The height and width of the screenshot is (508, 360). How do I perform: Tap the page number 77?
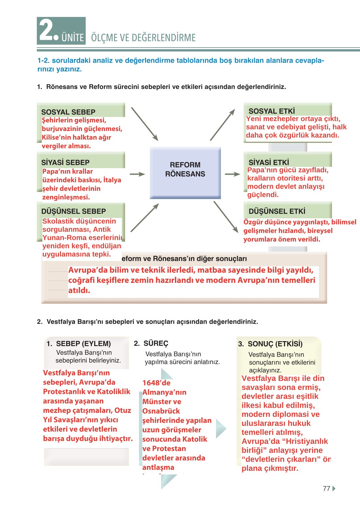coord(326,488)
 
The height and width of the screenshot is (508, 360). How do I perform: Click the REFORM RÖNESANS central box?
coord(185,172)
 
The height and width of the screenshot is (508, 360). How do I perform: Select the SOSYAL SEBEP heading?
coord(68,112)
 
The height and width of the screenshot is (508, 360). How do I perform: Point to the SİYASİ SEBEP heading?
coord(65,162)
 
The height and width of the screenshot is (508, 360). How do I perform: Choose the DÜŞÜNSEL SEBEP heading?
coord(73,211)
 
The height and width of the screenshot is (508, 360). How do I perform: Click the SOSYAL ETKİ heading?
coord(271,111)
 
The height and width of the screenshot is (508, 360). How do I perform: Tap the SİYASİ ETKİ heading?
coord(268,162)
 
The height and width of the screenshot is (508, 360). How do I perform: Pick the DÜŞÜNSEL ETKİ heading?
coord(277,211)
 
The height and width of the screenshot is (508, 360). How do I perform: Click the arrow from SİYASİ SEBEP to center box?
coord(137,174)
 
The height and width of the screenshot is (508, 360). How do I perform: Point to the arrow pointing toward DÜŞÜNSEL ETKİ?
coord(226,217)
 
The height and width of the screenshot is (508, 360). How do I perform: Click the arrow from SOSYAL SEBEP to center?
coord(144,124)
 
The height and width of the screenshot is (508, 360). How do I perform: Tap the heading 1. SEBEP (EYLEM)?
coord(79,343)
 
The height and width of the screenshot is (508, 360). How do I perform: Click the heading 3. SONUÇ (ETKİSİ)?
coord(270,344)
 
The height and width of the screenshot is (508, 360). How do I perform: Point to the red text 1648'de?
coord(156,383)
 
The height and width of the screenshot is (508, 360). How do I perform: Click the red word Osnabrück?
coord(161,411)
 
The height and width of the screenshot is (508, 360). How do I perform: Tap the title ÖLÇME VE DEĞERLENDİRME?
coord(143,37)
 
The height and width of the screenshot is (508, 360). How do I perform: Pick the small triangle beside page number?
coord(334,488)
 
